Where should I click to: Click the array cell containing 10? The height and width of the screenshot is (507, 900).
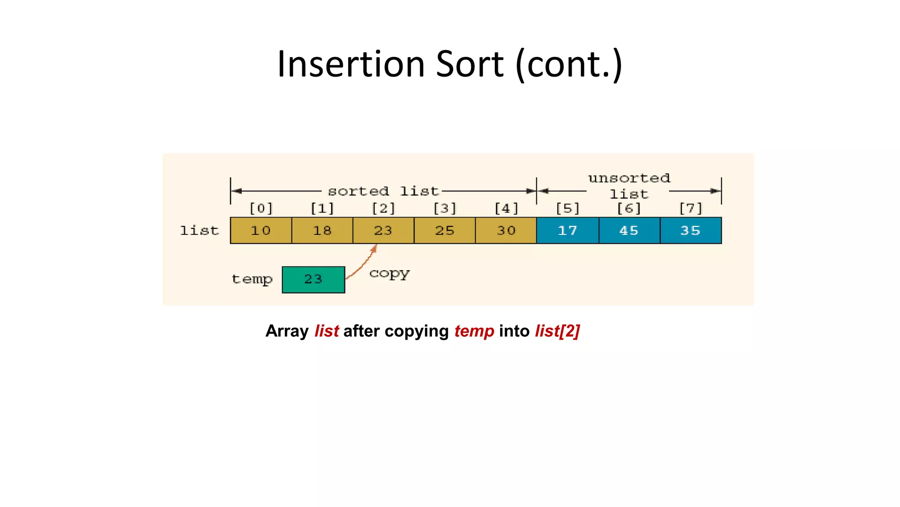click(261, 230)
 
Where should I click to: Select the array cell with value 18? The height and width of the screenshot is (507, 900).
click(322, 230)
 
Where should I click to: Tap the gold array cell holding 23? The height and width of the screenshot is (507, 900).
click(383, 230)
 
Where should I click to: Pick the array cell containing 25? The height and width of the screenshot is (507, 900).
click(445, 230)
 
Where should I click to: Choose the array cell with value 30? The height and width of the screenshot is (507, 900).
click(506, 230)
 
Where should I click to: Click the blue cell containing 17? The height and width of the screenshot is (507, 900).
click(567, 230)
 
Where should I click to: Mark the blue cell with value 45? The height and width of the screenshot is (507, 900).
click(629, 230)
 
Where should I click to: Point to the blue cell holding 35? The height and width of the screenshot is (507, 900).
click(690, 230)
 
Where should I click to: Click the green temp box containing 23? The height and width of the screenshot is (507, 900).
click(313, 279)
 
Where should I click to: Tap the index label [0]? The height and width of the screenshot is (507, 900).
click(261, 208)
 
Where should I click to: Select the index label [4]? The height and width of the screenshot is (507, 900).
click(506, 208)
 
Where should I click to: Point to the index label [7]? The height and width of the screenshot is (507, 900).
click(691, 208)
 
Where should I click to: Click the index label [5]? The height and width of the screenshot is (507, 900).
click(568, 208)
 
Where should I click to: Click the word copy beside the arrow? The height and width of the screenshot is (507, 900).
click(389, 274)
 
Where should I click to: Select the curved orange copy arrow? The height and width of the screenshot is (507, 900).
click(363, 263)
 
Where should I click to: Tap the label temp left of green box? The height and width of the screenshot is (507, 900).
click(252, 279)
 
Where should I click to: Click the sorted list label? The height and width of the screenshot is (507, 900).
click(383, 191)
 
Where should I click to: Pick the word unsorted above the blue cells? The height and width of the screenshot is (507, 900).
click(629, 178)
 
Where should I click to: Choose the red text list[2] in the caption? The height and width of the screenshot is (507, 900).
click(557, 331)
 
